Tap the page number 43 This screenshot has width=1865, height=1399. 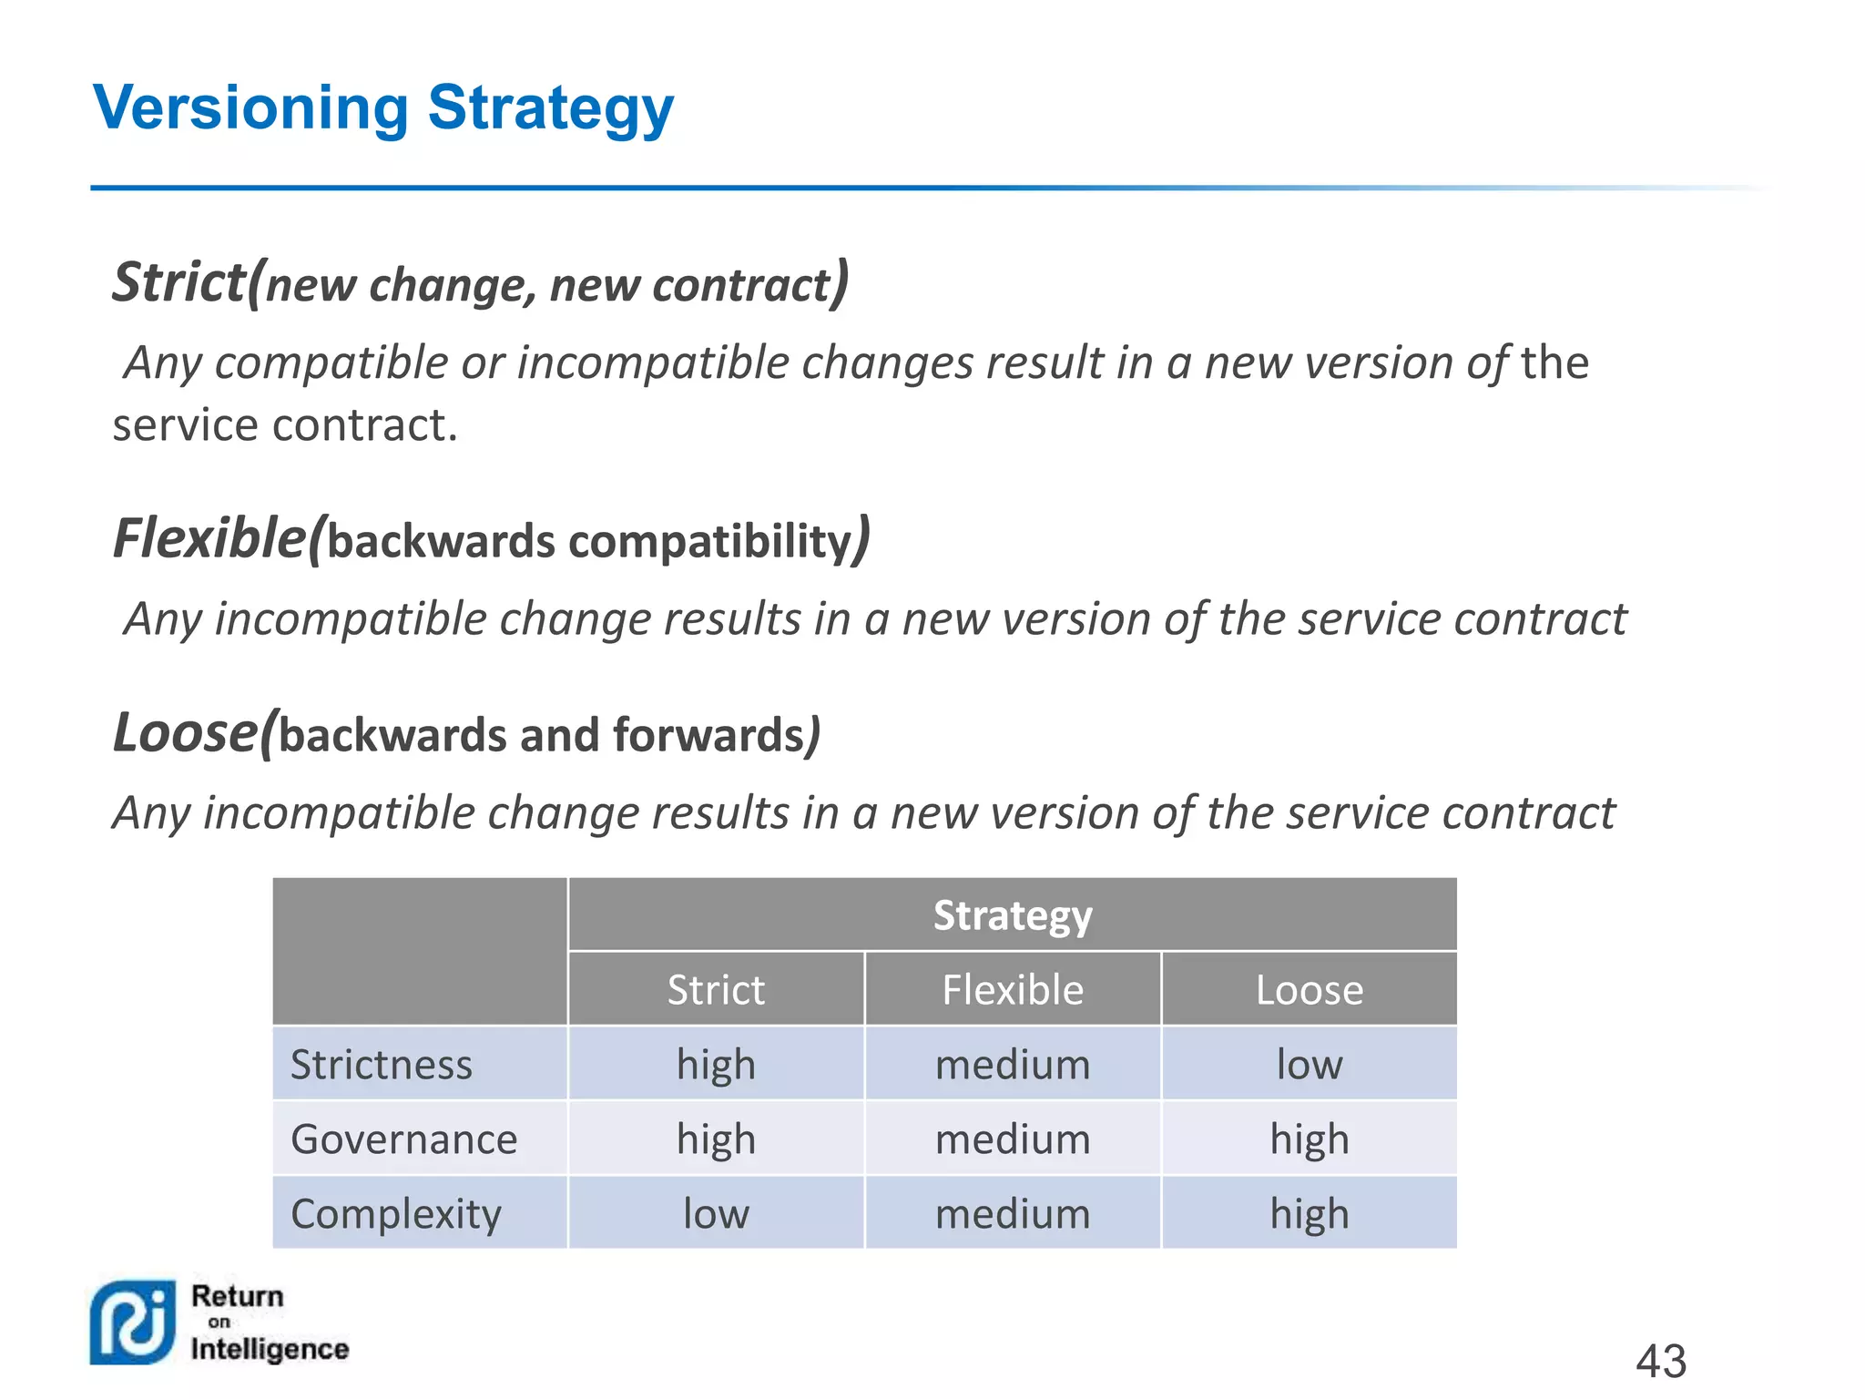click(1660, 1362)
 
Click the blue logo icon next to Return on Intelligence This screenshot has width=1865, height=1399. click(132, 1322)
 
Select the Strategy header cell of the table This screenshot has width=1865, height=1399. click(1012, 915)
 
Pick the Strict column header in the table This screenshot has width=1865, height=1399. click(716, 990)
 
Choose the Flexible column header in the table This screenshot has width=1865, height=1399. click(1012, 990)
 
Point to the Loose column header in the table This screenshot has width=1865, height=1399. click(1309, 990)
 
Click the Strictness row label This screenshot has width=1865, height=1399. click(382, 1065)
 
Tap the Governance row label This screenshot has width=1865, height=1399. click(403, 1139)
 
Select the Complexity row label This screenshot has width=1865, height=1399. click(395, 1214)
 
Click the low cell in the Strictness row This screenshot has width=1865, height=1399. click(1309, 1065)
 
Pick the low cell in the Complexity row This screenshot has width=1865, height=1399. click(716, 1214)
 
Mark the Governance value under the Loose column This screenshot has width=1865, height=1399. click(1309, 1139)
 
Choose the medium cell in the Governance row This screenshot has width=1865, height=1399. click(1012, 1139)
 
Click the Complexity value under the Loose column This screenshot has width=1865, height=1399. click(1309, 1214)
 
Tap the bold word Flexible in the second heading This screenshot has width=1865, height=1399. click(209, 538)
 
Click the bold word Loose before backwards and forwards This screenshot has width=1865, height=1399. click(186, 732)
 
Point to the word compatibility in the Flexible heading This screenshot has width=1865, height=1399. click(709, 541)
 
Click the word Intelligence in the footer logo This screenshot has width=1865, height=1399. click(270, 1349)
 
